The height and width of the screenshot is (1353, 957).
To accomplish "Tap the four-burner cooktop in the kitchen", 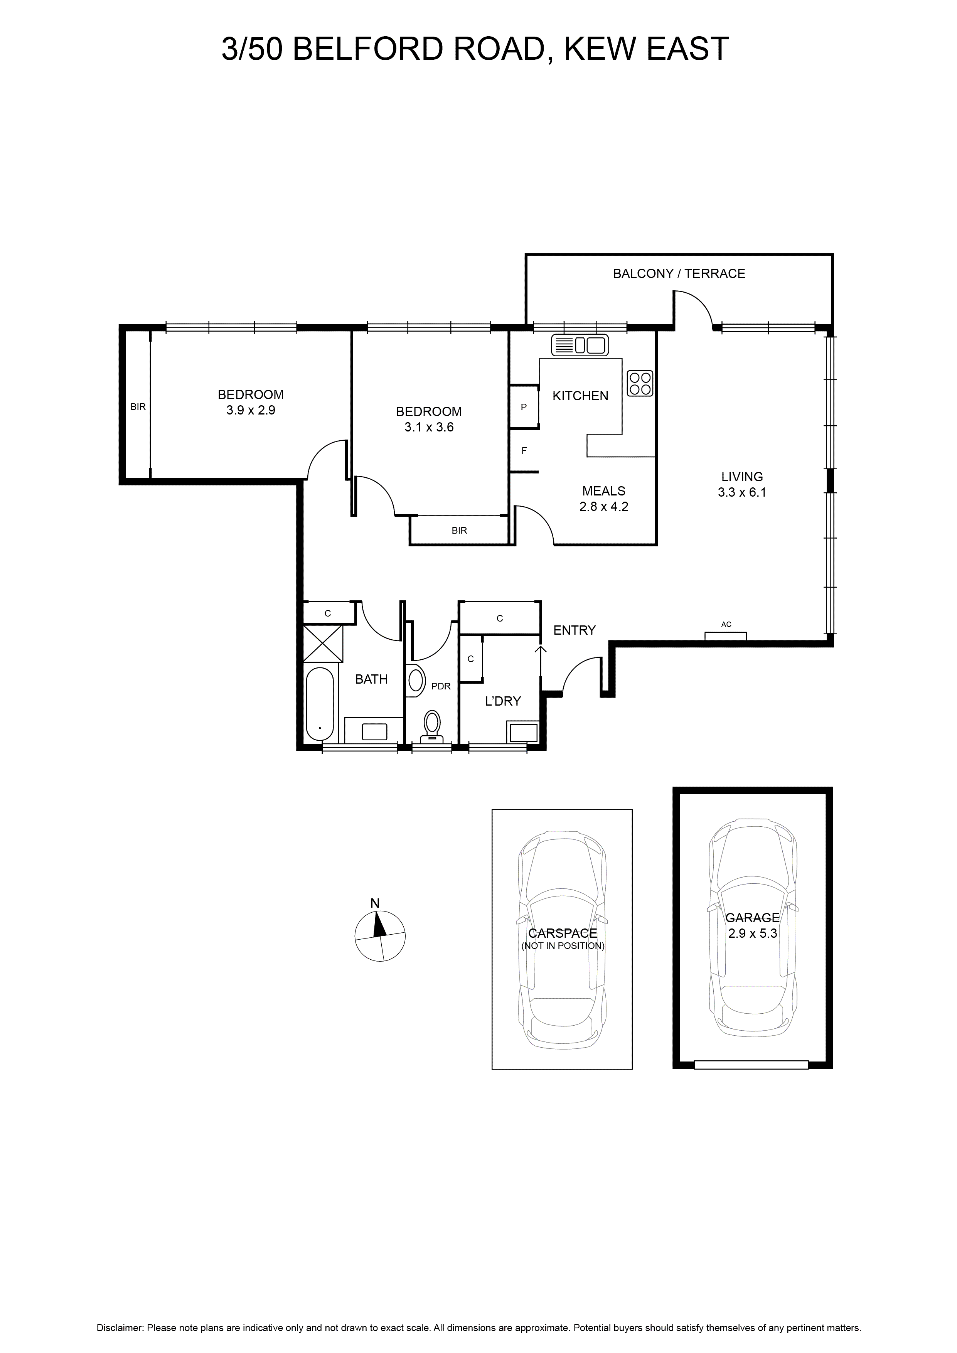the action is [640, 383].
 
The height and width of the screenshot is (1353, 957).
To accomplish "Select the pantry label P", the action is [524, 407].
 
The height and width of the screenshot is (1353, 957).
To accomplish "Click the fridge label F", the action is [524, 451].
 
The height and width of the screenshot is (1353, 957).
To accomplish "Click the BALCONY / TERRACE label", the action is [679, 273].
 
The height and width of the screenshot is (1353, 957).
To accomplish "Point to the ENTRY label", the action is [575, 630].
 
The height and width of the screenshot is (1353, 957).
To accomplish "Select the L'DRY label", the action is [503, 701].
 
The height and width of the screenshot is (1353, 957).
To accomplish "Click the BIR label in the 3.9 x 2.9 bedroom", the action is [138, 407].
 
